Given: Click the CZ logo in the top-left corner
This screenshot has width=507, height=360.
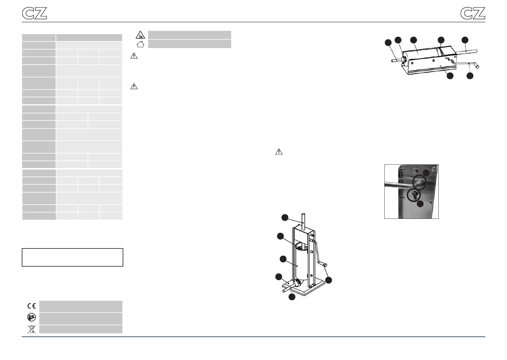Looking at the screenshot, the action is coord(34,13).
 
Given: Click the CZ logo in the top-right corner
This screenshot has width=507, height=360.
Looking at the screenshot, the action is coord(473,13).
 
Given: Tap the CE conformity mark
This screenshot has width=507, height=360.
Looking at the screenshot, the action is coord(31,306).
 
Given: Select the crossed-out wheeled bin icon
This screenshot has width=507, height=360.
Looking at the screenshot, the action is coord(31,329).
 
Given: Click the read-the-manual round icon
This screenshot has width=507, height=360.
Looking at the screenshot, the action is coord(31,317).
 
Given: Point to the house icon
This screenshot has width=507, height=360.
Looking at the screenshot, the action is coord(140,44).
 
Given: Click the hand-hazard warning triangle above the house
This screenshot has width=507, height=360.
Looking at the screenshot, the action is coord(140,35).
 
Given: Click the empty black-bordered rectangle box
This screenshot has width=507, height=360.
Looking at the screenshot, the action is coord(73,258).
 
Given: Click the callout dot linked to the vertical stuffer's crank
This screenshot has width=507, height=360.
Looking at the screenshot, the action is coord(328,280).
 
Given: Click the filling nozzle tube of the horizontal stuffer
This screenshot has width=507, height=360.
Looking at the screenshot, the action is coord(396,60).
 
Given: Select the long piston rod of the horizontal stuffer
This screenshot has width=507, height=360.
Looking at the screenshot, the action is coord(466,52).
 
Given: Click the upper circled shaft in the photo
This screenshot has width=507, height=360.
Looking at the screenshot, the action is coord(419,182).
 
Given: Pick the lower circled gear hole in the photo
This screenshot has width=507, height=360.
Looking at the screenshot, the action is coord(414,195).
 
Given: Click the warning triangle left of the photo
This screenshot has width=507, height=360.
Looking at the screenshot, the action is coord(279,151).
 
